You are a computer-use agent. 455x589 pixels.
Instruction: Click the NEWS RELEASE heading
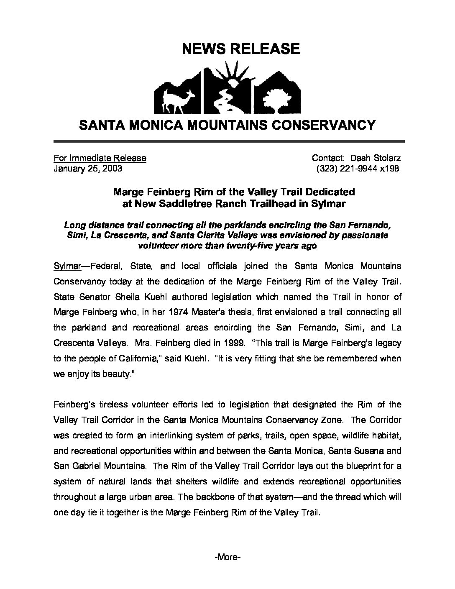[241, 49]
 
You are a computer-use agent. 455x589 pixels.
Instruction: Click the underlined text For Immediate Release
[100, 158]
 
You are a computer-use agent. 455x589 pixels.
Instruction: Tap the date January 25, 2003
[88, 169]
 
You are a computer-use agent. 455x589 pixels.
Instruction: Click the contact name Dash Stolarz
[375, 158]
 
